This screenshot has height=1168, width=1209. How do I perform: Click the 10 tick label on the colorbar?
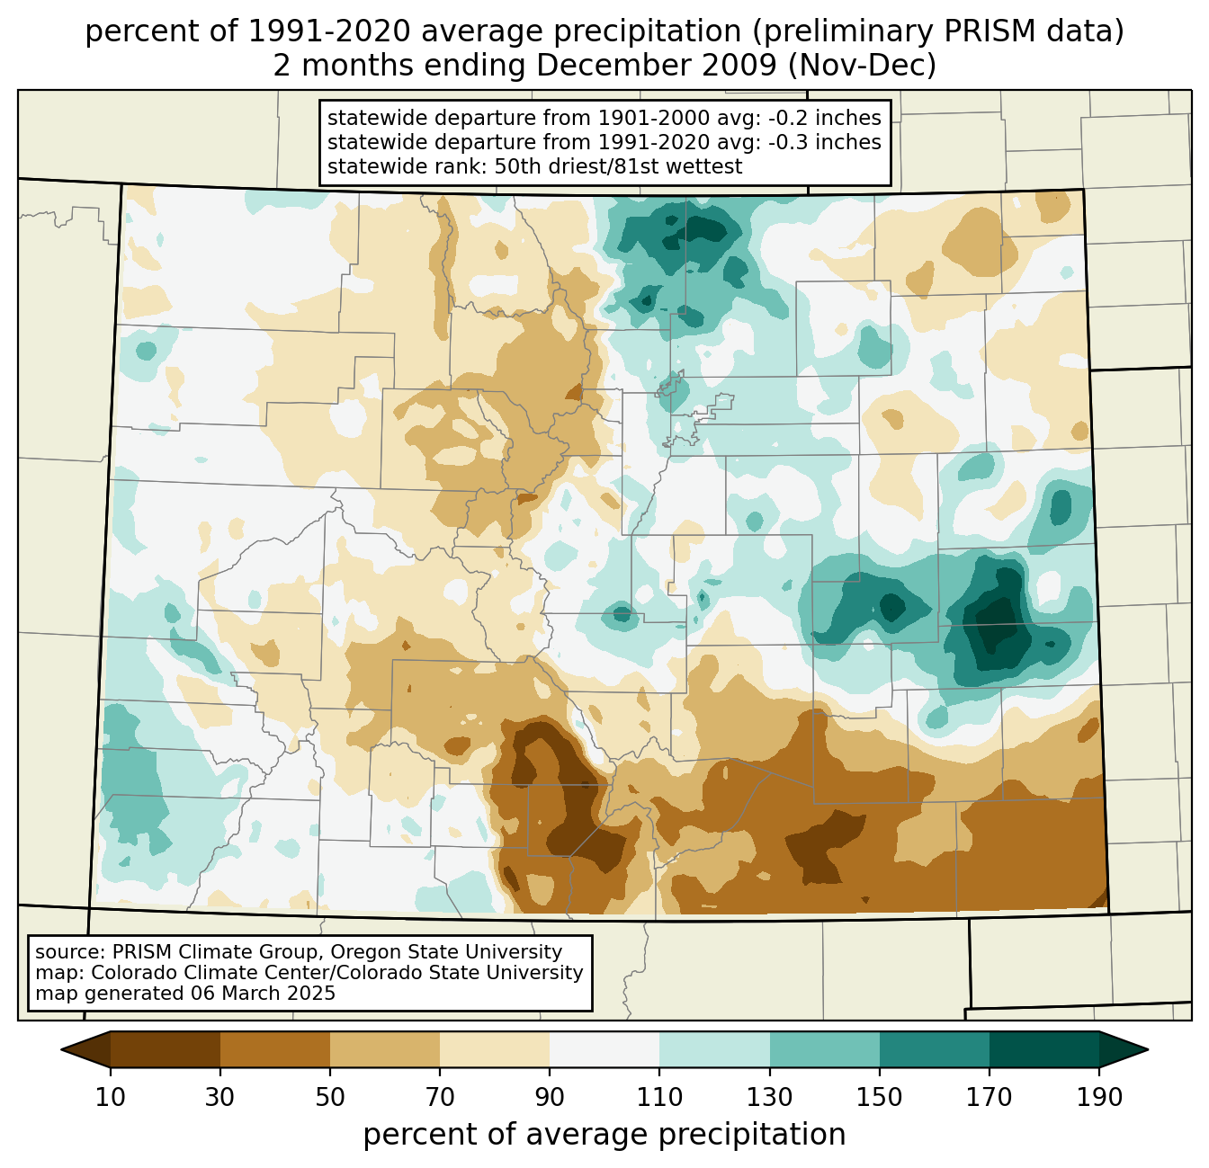coord(111,1098)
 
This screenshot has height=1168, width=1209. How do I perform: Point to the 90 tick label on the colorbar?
coord(550,1098)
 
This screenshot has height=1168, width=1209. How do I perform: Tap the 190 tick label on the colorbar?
coord(1099,1098)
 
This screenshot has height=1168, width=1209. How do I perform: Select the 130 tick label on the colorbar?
coord(770,1098)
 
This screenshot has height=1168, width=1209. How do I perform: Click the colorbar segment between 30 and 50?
coord(275,1049)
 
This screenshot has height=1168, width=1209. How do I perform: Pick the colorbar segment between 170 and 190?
coord(1044,1049)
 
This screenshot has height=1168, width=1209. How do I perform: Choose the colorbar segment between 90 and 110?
coord(604,1049)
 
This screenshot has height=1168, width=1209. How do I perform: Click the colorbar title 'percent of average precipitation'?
coord(604,1135)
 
